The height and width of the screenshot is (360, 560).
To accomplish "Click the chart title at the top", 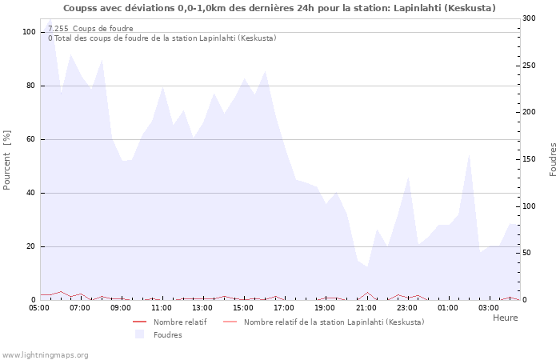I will tap(279, 8).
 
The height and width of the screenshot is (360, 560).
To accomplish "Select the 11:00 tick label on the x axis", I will tap(162, 307).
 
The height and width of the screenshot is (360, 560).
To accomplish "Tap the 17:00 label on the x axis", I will tap(284, 307).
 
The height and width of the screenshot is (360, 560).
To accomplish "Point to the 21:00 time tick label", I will tap(366, 307).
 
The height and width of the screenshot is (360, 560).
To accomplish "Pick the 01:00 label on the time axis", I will tap(448, 307).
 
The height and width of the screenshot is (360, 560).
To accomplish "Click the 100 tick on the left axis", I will tap(29, 32).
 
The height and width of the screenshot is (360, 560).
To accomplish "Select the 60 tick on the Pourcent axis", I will tap(31, 139).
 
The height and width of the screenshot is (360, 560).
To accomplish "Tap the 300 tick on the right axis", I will tap(528, 18).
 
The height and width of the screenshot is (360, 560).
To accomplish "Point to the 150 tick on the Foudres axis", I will tap(528, 159).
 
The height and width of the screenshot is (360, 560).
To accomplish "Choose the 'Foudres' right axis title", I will tap(553, 159).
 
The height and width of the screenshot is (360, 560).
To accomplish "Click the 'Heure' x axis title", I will tap(505, 318).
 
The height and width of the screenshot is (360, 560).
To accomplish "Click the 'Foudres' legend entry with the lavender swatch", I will tap(166, 334).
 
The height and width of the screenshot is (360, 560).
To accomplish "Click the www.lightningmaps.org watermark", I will tap(46, 354).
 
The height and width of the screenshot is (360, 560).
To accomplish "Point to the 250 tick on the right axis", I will tap(528, 65).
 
